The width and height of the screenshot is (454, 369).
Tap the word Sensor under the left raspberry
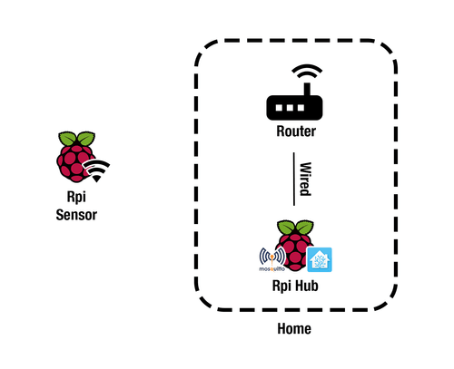tap(75, 216)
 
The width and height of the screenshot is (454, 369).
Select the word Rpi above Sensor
tap(75, 201)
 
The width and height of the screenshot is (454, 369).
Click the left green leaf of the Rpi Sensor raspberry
tap(67, 139)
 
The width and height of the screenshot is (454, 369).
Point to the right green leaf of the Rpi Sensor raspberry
tap(84, 139)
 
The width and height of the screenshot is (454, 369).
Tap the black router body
tap(296, 110)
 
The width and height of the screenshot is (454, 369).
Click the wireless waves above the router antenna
tap(306, 73)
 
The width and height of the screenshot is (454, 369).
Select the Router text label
tap(296, 132)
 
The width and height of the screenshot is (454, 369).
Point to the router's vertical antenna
tap(307, 91)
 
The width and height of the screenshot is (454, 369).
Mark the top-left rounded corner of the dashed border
tap(204, 50)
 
